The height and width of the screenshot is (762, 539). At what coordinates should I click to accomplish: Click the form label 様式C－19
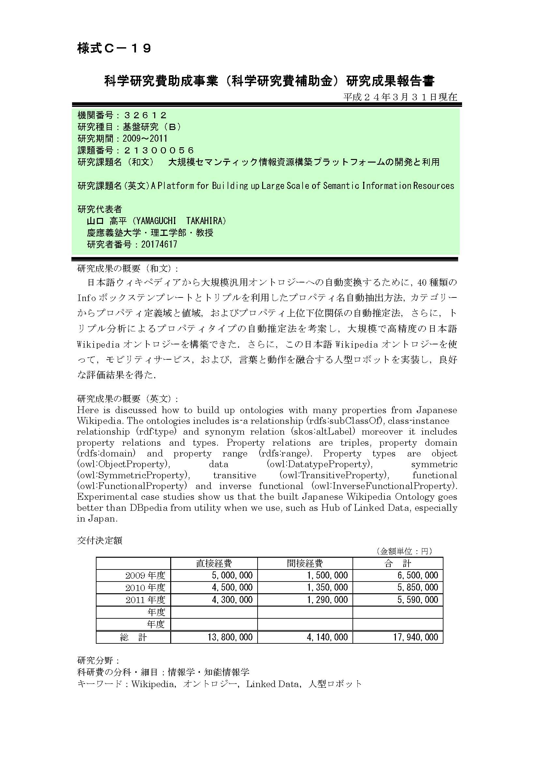pos(114,49)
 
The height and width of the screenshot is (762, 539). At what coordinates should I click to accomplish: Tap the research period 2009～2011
pos(145,138)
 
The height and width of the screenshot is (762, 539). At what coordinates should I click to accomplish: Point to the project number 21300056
pos(158,150)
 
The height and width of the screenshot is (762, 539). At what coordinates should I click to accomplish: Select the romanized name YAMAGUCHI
pos(156,221)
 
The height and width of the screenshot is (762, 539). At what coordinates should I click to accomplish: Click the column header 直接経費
pos(214,563)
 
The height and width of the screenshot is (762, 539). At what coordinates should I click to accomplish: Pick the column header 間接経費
pos(305,563)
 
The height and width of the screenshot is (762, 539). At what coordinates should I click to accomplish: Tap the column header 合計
pos(397,563)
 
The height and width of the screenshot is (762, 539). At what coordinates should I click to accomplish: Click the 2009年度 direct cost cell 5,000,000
pos(232,575)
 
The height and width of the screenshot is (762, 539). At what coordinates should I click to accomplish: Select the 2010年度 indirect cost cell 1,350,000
pos(327,587)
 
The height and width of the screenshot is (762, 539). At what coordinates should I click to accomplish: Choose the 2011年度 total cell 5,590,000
pos(417,600)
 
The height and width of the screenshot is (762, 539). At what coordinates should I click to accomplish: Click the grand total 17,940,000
pos(415,637)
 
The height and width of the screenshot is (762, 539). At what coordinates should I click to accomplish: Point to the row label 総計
pos(133,637)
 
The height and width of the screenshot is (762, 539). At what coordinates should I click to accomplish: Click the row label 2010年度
pos(145,588)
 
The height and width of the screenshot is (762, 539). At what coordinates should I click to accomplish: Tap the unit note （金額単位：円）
pos(404,551)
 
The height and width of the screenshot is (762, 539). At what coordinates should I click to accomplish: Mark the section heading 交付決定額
pos(100,541)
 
